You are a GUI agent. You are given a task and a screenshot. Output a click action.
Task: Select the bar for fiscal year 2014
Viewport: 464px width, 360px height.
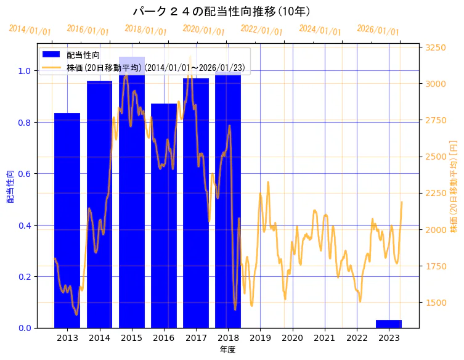[x=99, y=204]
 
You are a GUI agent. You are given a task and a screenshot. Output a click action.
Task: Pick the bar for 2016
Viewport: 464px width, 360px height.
[x=164, y=216]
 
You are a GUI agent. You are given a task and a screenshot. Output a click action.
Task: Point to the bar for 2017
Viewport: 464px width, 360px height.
[x=196, y=203]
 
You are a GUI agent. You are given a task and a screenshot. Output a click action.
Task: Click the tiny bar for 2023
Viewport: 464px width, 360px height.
[x=389, y=324]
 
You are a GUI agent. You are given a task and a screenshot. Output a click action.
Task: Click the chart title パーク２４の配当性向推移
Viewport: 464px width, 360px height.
[x=222, y=12]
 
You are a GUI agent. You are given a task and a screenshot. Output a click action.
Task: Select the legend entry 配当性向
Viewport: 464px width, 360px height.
[x=83, y=55]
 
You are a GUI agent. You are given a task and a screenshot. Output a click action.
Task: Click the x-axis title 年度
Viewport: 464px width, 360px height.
[x=228, y=350]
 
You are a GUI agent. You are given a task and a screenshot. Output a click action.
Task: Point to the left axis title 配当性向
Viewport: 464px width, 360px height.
[x=10, y=186]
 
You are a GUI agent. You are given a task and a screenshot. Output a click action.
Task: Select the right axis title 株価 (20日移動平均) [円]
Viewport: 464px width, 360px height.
[x=454, y=186]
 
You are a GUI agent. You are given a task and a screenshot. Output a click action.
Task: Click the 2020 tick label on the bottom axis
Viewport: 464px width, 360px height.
[x=292, y=337]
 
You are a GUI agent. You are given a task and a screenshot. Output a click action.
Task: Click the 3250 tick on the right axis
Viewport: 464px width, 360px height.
[x=436, y=47]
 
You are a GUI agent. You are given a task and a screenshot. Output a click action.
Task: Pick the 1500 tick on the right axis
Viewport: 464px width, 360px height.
[x=436, y=302]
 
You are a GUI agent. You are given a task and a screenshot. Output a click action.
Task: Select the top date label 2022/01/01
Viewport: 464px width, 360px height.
[x=262, y=31]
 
